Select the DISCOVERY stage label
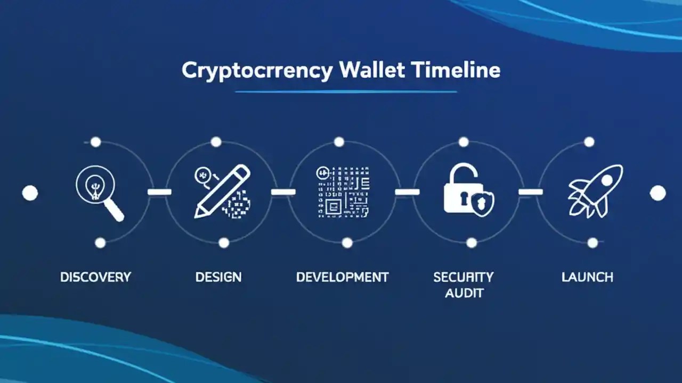coord(95,277)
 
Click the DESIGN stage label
coord(218,277)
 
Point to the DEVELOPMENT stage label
coord(342,277)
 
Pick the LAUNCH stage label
coord(587,277)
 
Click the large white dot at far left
coord(30,193)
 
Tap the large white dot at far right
coord(658,193)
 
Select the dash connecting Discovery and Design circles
coord(159,191)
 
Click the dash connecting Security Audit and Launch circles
coord(530,191)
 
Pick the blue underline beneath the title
coord(346,91)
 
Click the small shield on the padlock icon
coord(483,203)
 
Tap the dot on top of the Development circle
coord(339,142)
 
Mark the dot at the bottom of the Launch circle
coord(592,243)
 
